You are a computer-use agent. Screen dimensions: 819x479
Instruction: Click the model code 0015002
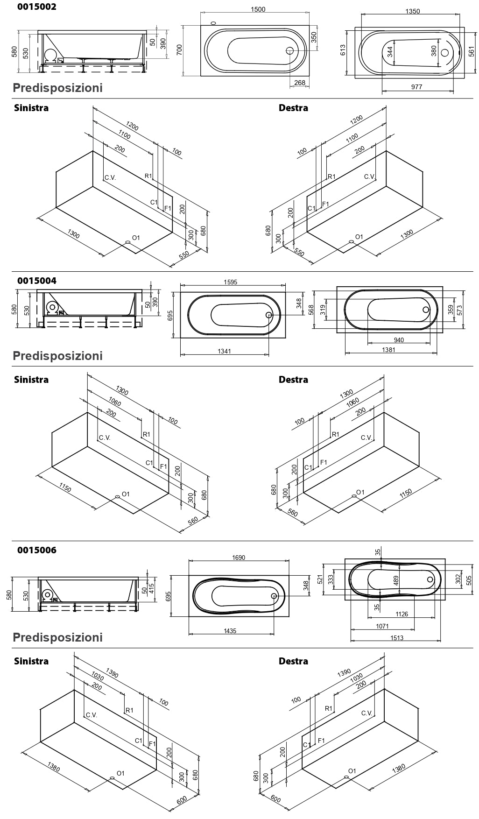click(36, 7)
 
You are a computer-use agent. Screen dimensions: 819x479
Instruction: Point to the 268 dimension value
click(299, 83)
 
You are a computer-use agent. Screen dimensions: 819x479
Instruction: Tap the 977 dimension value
click(416, 87)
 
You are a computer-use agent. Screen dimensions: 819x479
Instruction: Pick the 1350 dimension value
click(412, 12)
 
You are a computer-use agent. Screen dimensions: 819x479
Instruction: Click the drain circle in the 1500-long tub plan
click(290, 51)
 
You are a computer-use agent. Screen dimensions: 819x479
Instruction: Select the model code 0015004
click(36, 281)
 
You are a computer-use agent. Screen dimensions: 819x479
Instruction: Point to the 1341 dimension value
click(224, 351)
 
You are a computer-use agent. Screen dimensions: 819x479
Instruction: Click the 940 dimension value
click(399, 340)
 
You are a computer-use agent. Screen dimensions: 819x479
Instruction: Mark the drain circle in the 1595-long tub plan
click(269, 315)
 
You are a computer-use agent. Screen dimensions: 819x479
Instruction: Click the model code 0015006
click(36, 550)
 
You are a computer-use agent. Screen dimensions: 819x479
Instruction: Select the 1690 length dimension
click(238, 558)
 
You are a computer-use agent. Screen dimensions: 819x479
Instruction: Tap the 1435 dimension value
click(230, 631)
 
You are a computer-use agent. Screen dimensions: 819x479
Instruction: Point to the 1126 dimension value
click(402, 614)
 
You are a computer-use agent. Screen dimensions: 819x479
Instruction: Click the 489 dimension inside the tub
click(396, 581)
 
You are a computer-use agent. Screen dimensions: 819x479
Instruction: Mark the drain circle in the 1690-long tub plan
click(274, 596)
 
